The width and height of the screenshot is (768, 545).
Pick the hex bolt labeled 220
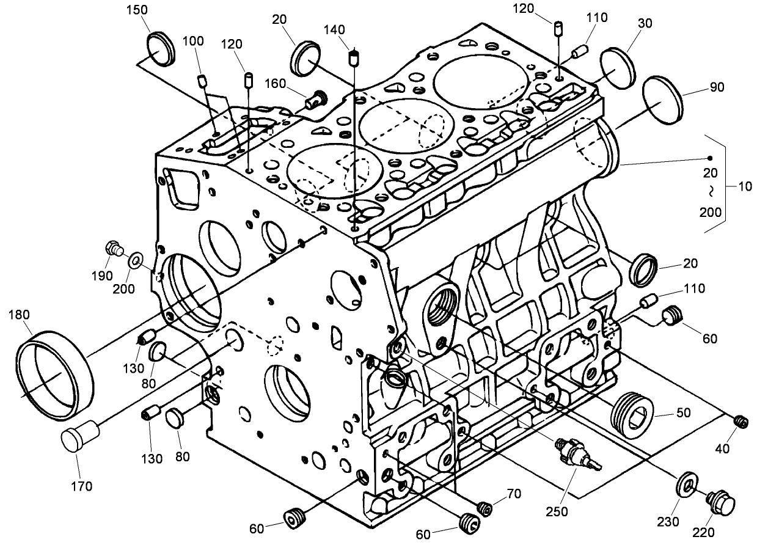point(720,505)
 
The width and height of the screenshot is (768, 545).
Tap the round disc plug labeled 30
point(617,65)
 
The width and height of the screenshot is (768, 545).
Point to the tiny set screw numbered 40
point(741,421)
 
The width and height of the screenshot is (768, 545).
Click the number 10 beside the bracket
point(745,187)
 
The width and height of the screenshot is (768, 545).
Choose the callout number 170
point(81,486)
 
